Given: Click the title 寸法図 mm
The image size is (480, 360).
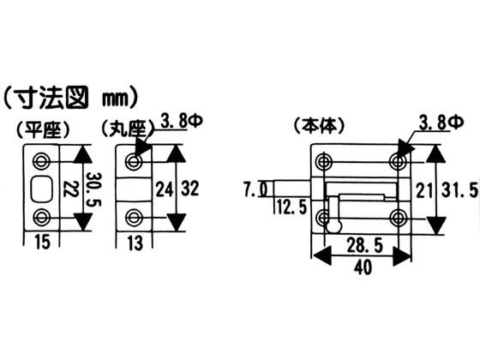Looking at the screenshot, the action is (x=70, y=98).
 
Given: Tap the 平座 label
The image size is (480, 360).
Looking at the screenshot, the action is (x=43, y=129).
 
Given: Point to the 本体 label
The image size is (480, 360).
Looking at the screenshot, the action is (x=319, y=125).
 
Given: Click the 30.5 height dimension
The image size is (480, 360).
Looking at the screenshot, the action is (x=93, y=189).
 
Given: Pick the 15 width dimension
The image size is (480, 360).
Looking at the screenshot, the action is (x=42, y=242).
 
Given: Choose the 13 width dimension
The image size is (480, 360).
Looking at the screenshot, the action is (x=135, y=243).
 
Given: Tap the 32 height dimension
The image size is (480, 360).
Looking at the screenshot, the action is (x=189, y=189).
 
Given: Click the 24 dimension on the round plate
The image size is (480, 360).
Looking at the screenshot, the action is (x=165, y=189).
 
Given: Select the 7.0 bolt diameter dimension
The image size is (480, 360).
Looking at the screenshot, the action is (x=255, y=189).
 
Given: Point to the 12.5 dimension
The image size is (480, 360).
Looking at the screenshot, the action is (x=291, y=207).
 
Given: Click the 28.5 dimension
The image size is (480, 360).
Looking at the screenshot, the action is (x=364, y=245).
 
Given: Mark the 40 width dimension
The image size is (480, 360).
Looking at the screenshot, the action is (x=363, y=267).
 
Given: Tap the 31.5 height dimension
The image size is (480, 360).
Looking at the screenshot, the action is (x=459, y=189).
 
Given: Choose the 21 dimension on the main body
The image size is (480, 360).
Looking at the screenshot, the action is (x=424, y=190).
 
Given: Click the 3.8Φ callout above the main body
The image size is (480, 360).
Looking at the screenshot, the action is (x=441, y=123).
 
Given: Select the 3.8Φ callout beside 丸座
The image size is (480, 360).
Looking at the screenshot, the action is (x=182, y=121).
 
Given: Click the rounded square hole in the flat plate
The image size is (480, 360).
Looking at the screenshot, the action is (x=42, y=189).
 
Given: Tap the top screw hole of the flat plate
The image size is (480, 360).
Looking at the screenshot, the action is (x=42, y=159).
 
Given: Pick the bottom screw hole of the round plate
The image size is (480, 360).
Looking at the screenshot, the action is (x=134, y=217).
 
